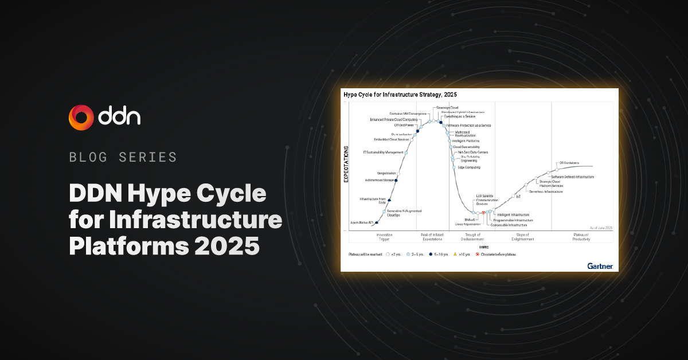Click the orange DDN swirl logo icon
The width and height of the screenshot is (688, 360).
pos(81,117)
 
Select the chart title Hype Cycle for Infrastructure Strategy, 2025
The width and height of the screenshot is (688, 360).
pos(400,94)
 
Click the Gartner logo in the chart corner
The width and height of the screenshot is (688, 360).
pos(600,266)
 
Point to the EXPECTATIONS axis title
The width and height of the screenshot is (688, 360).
pos(346,164)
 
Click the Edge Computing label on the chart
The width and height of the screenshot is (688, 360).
pos(469,167)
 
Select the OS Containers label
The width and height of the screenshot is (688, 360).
pos(569,163)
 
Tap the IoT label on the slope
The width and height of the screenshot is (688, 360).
pos(518,197)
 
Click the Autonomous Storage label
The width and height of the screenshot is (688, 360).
pos(380,180)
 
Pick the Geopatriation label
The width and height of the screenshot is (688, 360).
pos(387,173)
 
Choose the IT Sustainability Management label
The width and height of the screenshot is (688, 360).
pos(384,152)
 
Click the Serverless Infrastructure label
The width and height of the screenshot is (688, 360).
pos(546,191)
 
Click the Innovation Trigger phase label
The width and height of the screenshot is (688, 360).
pos(384,237)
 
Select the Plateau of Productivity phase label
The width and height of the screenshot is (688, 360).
pos(582,237)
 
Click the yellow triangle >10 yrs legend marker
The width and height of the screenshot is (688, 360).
pos(455,254)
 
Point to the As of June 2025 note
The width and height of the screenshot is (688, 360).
pos(600,228)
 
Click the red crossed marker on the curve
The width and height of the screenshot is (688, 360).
pos(483,213)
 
